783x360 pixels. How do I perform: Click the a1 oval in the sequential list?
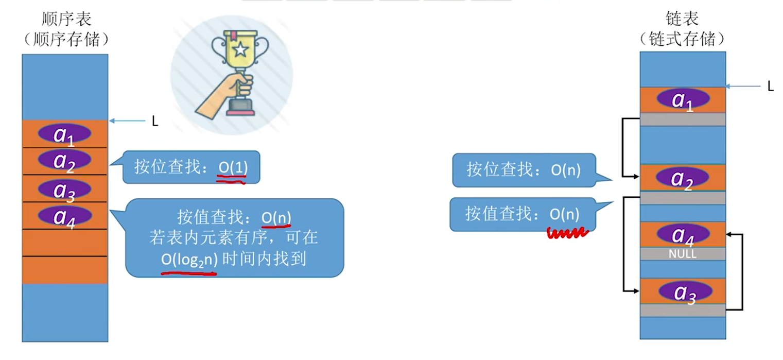[x=65, y=134]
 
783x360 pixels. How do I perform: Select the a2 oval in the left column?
[x=65, y=160]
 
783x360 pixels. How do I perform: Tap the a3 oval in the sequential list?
[x=65, y=189]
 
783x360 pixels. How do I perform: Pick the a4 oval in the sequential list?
[x=65, y=216]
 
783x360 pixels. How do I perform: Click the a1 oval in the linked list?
[x=682, y=99]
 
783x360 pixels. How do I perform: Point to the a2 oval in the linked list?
[x=682, y=178]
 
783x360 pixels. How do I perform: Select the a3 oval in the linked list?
[x=685, y=292]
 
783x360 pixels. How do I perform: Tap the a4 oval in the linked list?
[x=682, y=234]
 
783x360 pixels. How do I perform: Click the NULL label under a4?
[x=682, y=254]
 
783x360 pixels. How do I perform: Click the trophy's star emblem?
[x=240, y=49]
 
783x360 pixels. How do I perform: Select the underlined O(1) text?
[x=233, y=168]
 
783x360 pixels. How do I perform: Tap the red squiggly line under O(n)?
[x=567, y=234]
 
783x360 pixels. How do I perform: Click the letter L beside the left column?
[x=155, y=122]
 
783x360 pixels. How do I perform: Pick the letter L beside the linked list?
[x=770, y=87]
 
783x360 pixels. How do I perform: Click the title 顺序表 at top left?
[x=66, y=19]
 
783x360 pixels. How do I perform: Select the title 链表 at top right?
[x=682, y=19]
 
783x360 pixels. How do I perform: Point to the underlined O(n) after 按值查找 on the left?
[x=276, y=218]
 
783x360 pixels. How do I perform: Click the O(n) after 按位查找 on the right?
[x=565, y=170]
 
